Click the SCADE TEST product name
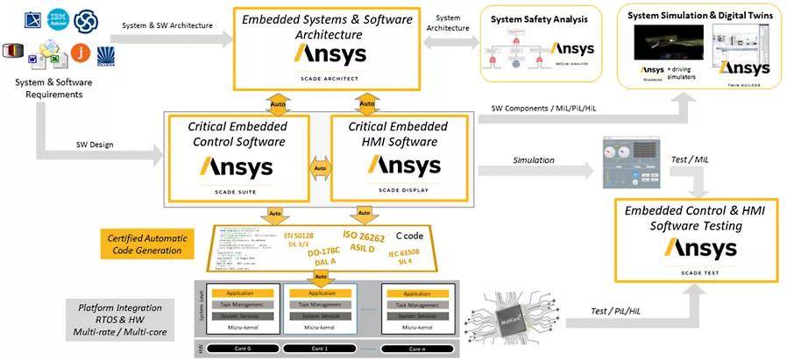coord(698,272)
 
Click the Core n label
coord(419,348)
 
